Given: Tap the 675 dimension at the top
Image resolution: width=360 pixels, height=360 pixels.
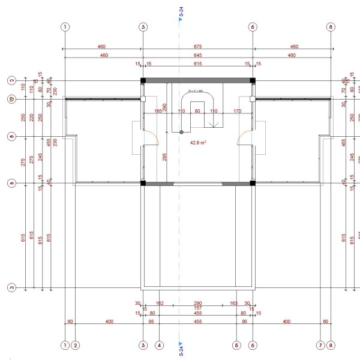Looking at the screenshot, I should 197,46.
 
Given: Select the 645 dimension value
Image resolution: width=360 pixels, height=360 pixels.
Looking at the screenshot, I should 197,55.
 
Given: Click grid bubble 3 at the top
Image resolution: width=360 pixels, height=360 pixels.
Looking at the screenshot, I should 143,27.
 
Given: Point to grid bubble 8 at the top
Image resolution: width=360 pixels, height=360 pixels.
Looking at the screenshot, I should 331,27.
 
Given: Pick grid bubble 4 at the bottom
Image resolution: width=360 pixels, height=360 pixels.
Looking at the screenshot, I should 159,345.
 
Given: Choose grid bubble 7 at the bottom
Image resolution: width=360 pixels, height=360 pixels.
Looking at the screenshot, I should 320,345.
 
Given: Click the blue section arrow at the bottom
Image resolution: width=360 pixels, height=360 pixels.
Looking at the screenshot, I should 181,337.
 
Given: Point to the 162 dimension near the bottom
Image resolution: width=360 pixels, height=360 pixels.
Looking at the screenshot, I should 160,304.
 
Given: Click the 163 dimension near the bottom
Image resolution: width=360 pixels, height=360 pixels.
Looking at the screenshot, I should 235,304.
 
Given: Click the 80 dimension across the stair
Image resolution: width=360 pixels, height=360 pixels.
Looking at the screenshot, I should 197,111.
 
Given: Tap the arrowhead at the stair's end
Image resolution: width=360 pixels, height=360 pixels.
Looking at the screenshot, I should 213,124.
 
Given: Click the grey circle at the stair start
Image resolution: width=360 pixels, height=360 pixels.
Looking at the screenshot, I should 181,132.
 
